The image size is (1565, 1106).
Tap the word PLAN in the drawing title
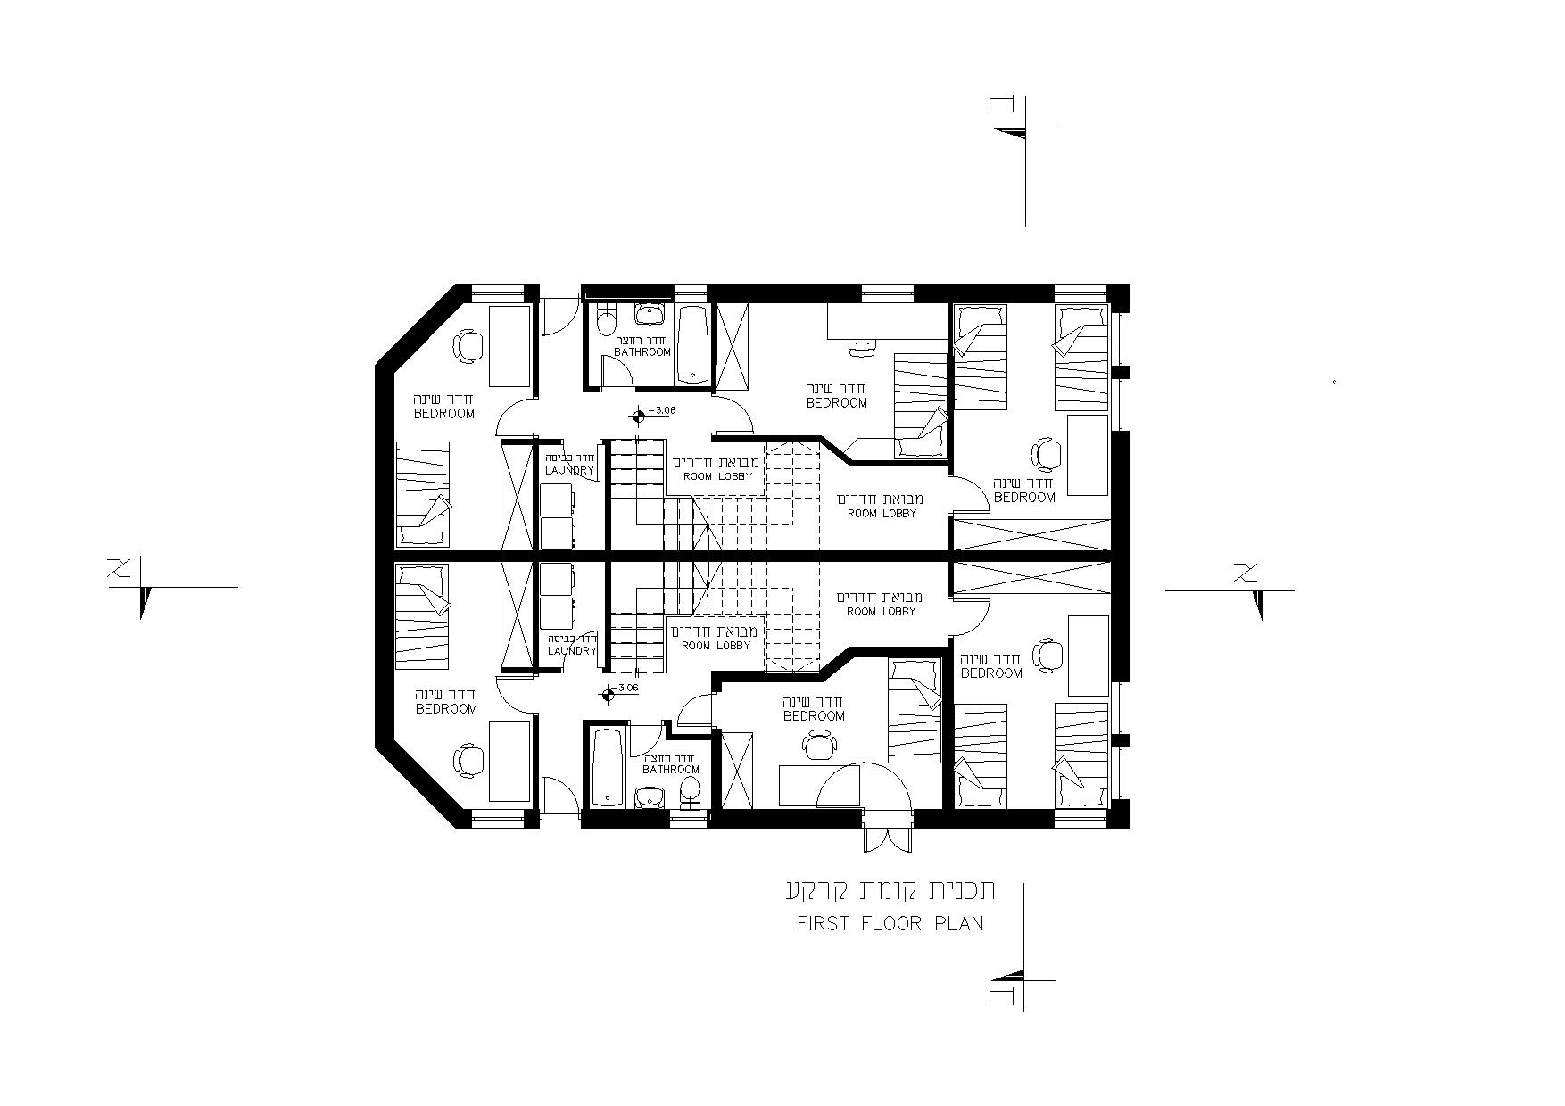coord(959,923)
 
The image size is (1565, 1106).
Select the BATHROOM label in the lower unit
coord(671,769)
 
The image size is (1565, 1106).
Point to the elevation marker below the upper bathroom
coord(637,416)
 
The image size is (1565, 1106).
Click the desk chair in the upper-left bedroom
coord(467,346)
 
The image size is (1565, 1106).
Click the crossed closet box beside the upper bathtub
coord(733,347)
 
